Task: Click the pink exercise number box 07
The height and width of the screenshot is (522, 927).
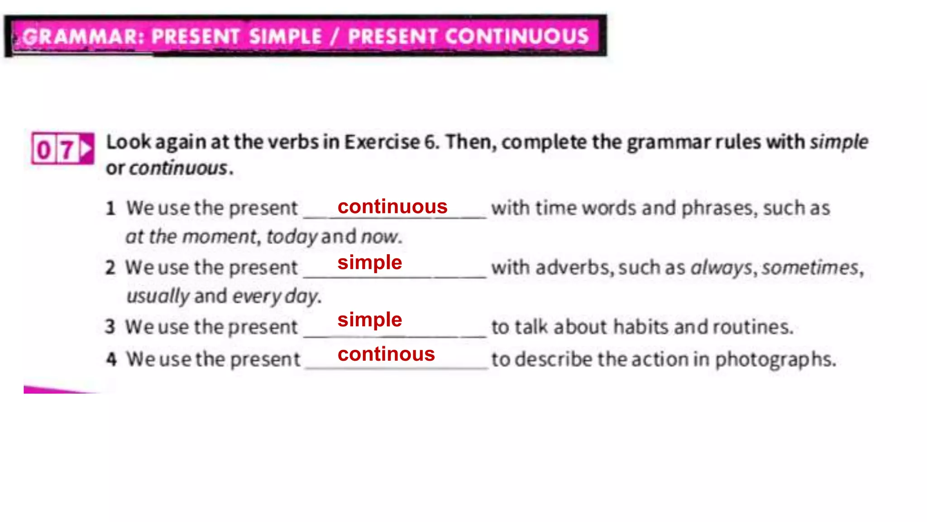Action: [62, 149]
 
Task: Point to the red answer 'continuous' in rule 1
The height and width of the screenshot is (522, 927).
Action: [392, 207]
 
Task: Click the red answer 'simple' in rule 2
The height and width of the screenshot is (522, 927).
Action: [369, 262]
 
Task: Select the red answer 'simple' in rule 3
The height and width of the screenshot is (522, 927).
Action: [369, 319]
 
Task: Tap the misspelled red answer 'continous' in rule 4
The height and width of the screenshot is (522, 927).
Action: [386, 354]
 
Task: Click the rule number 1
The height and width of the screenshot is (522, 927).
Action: [111, 208]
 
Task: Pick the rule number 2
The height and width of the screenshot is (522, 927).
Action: [110, 268]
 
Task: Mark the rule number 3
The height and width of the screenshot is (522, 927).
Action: [110, 327]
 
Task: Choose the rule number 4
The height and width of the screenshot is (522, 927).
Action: [111, 359]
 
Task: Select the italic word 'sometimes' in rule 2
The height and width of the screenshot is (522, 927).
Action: [810, 267]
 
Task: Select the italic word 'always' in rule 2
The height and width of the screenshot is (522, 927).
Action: [721, 268]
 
